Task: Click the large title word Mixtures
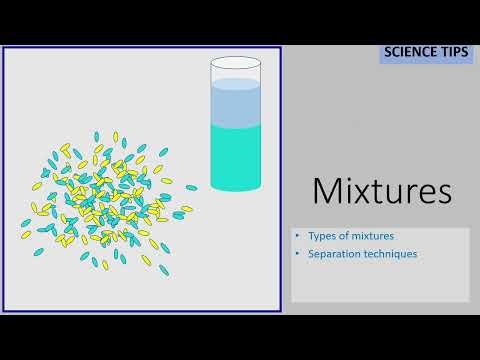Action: (x=381, y=190)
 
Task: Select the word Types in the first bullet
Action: (x=323, y=236)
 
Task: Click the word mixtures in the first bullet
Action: (x=372, y=236)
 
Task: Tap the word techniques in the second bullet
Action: (x=390, y=254)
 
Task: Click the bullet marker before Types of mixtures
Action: (x=298, y=236)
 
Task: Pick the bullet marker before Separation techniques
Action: (x=298, y=254)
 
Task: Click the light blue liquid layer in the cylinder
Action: (x=236, y=105)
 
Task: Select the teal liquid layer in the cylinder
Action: (x=236, y=155)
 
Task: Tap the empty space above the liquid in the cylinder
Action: (x=236, y=72)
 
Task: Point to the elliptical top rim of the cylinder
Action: (x=236, y=61)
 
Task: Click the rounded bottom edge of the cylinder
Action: (x=236, y=188)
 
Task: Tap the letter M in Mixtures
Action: (x=327, y=190)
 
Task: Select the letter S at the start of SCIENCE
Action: (x=388, y=52)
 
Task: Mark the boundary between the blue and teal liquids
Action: (x=236, y=126)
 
